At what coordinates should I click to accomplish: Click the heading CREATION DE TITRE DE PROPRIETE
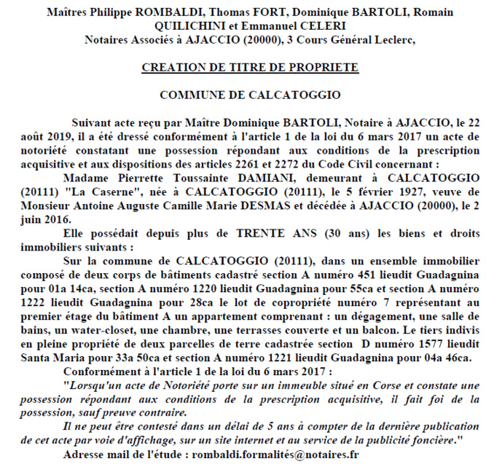250,67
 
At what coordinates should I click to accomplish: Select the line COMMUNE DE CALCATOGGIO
250,95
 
